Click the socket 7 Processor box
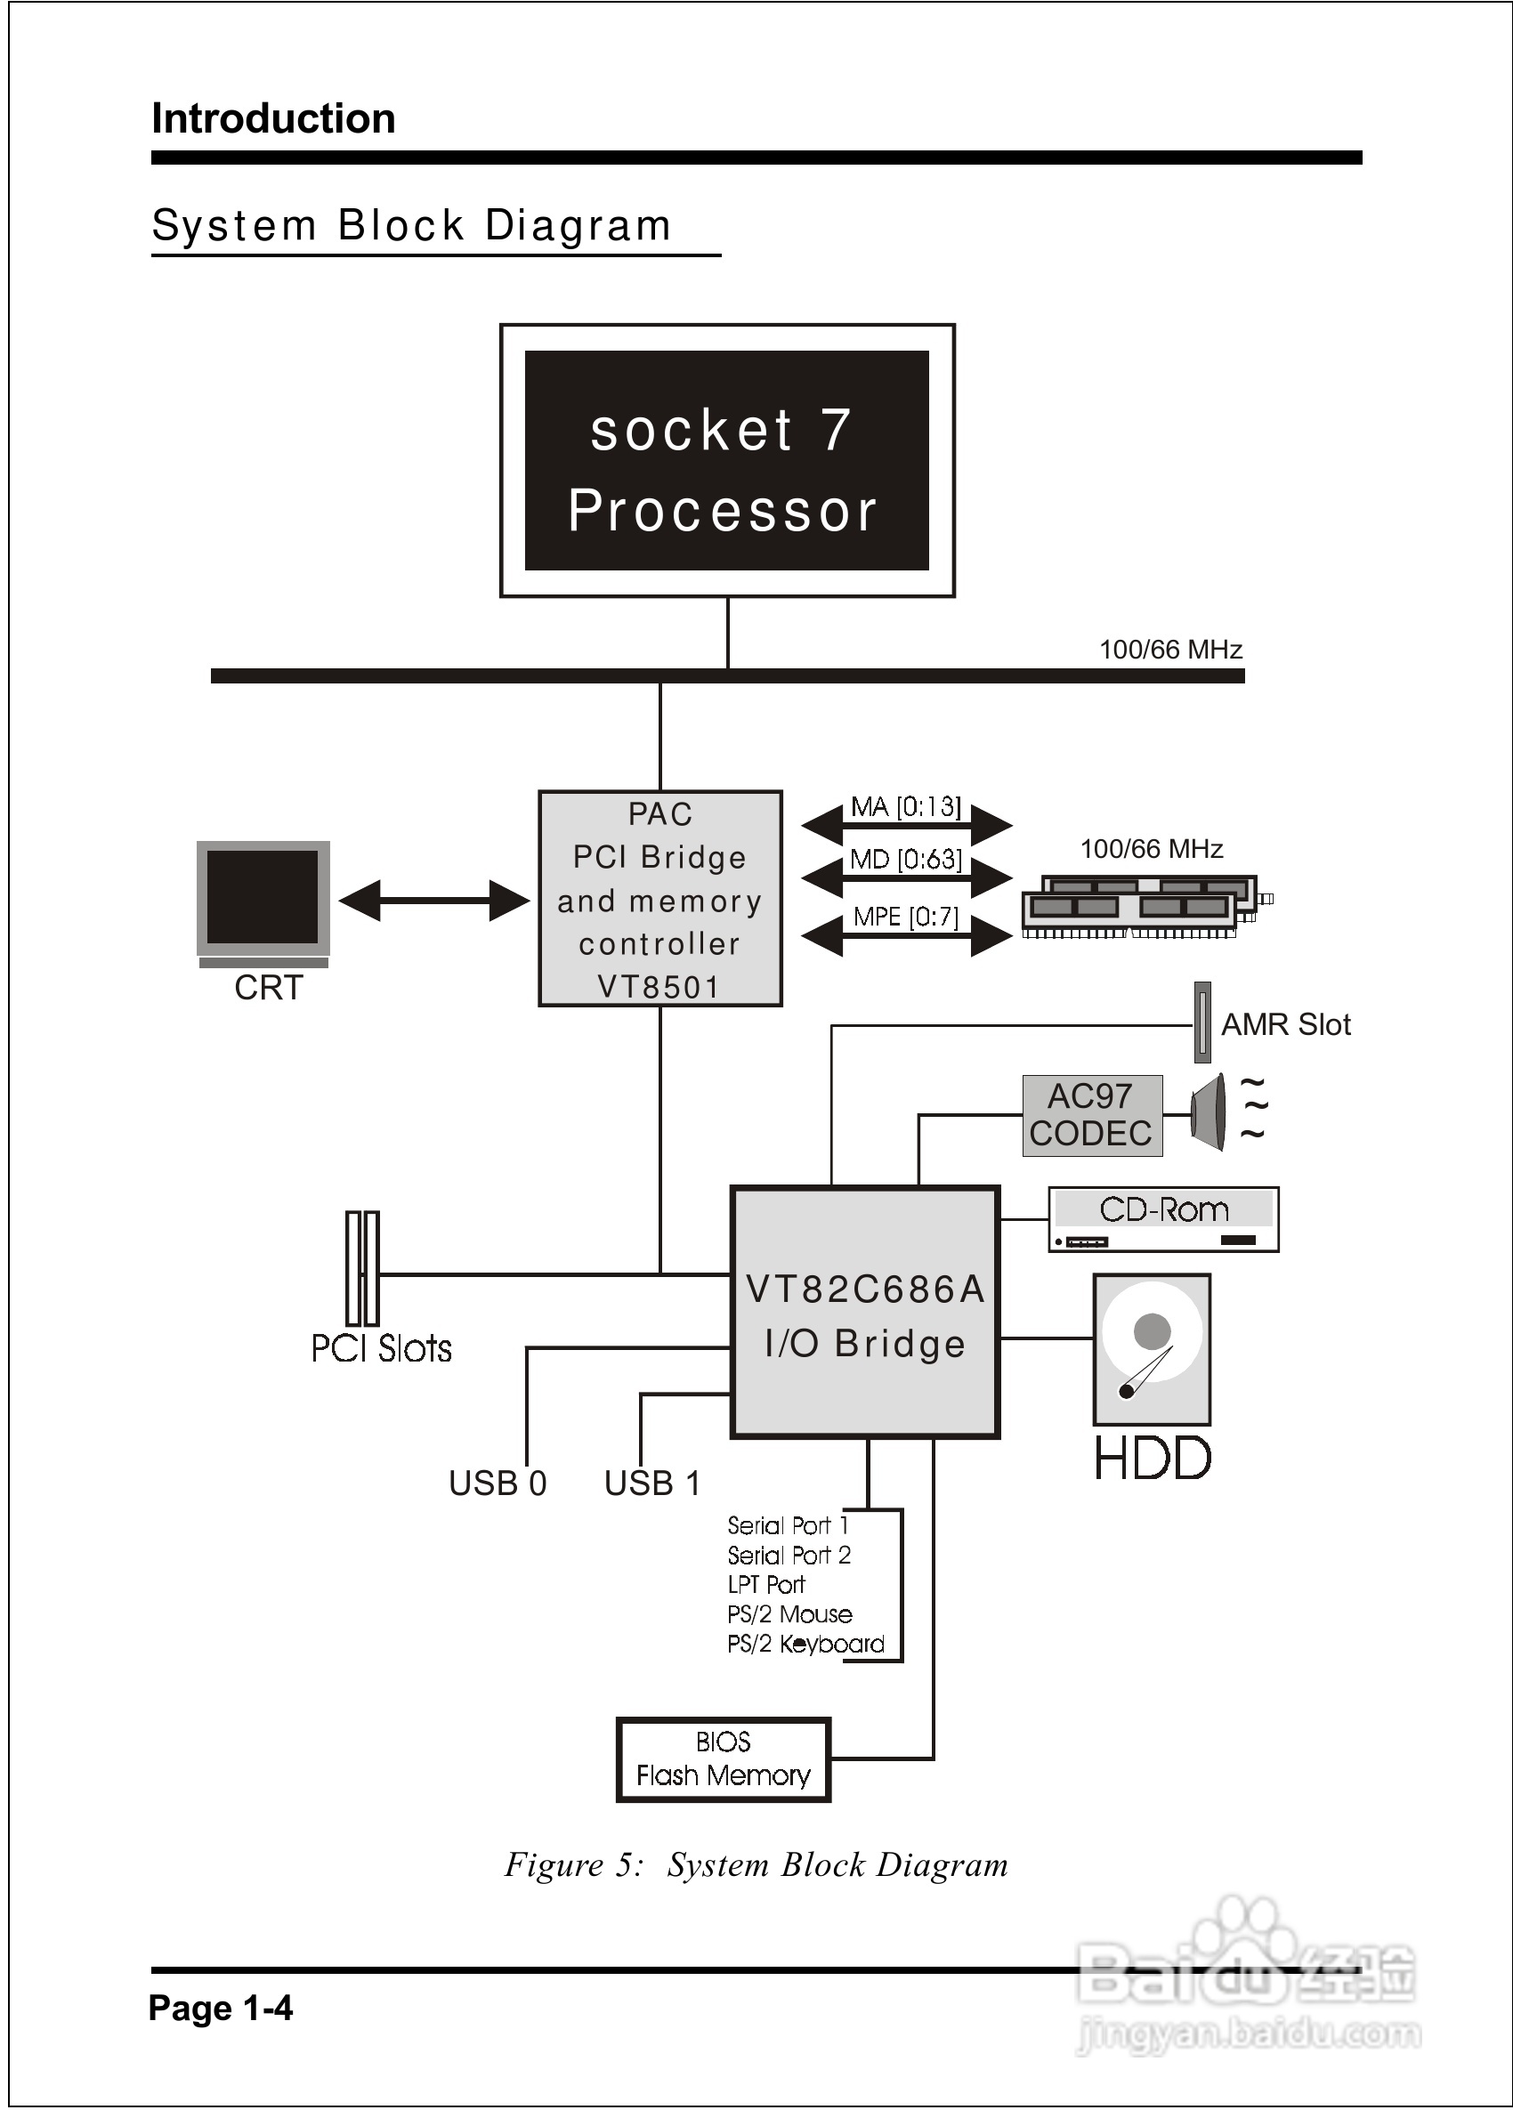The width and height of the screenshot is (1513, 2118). (727, 460)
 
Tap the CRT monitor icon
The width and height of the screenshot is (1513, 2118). (263, 899)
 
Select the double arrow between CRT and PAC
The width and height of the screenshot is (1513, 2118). (434, 901)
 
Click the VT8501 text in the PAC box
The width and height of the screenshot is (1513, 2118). (659, 986)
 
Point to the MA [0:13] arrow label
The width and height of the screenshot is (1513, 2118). (905, 806)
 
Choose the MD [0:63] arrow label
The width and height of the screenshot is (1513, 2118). (905, 859)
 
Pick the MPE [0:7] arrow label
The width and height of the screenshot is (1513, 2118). (905, 917)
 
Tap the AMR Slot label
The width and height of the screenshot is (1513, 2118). (1286, 1024)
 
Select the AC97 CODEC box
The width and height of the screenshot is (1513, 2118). (1092, 1115)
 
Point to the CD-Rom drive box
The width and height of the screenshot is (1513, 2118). (1162, 1219)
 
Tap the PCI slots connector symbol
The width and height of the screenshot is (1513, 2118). (362, 1267)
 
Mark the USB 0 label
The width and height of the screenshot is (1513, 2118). (498, 1483)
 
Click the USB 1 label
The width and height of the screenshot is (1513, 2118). (652, 1483)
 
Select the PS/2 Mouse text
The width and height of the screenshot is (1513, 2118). (790, 1614)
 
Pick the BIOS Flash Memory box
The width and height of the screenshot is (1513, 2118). (723, 1759)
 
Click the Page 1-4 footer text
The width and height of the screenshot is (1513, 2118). (221, 2007)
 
